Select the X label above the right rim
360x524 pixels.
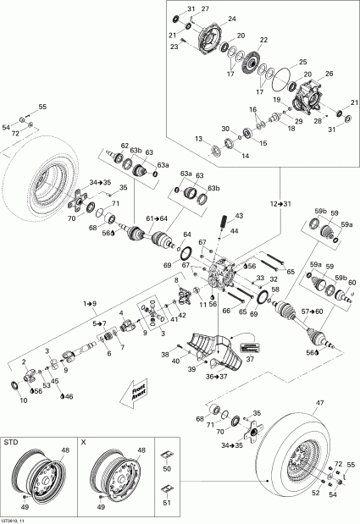83,443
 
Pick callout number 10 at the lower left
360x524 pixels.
23,400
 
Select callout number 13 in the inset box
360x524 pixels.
199,139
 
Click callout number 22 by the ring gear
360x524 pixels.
263,41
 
